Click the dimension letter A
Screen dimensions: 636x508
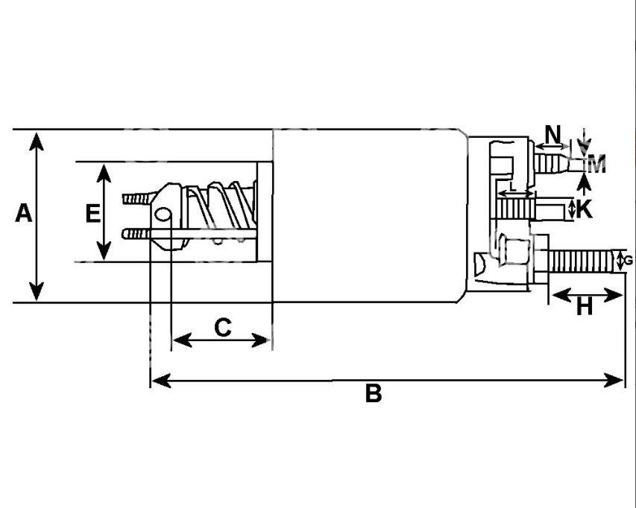(x=24, y=213)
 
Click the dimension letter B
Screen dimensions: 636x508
(x=373, y=393)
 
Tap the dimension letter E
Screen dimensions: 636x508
(x=93, y=213)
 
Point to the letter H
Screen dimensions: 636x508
(x=585, y=306)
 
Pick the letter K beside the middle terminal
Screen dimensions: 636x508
(x=585, y=209)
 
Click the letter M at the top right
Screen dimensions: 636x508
(x=596, y=164)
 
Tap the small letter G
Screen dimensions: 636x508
(x=629, y=261)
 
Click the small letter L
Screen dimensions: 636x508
(x=513, y=187)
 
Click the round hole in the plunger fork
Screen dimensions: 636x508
(x=163, y=215)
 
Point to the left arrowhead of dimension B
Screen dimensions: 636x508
(x=160, y=381)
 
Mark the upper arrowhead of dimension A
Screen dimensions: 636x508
(x=37, y=142)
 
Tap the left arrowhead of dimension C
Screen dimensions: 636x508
(x=182, y=340)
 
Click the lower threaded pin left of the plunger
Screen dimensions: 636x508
(x=136, y=234)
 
